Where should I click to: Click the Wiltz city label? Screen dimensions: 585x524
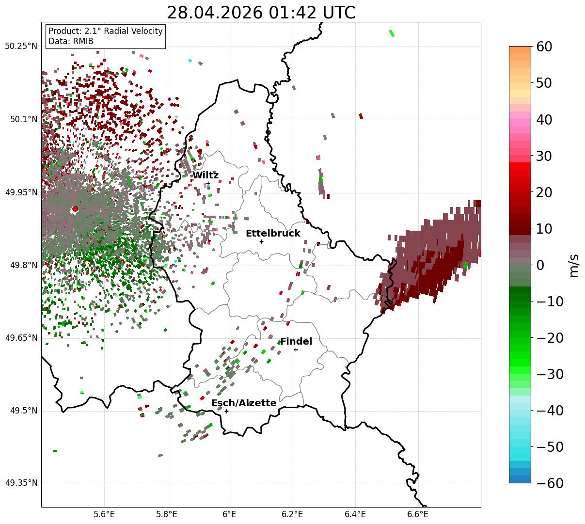click(x=206, y=175)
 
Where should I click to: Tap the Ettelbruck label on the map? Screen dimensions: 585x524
click(x=272, y=234)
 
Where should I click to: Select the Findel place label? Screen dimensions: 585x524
click(x=296, y=341)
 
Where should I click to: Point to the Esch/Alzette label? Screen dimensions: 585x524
click(x=244, y=403)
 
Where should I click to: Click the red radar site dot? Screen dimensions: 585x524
click(x=75, y=208)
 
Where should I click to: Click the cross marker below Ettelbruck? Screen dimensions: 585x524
click(x=261, y=241)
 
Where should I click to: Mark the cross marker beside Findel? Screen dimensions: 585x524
click(x=296, y=349)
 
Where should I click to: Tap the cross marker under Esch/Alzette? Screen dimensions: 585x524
click(x=226, y=411)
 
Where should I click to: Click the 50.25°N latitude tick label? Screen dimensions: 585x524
click(x=21, y=46)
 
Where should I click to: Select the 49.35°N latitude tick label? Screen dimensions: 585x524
click(x=21, y=483)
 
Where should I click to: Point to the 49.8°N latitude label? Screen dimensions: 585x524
click(x=24, y=265)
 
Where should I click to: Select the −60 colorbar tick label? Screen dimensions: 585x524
click(x=550, y=483)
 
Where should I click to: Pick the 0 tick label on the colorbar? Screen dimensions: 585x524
click(x=540, y=265)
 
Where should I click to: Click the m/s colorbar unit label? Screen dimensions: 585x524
click(x=574, y=265)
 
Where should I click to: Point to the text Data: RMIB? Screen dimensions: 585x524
click(x=71, y=41)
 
